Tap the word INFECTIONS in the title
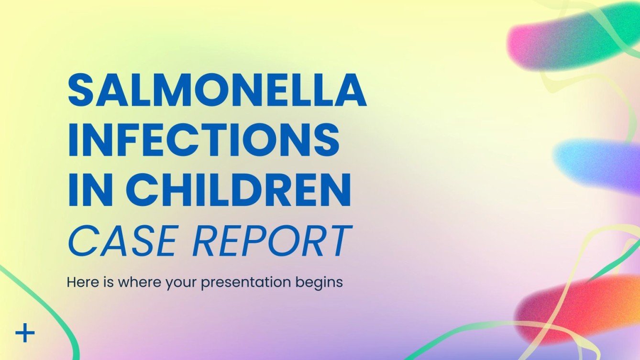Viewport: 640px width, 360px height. click(204, 140)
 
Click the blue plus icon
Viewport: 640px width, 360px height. click(25, 333)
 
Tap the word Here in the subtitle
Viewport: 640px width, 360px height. click(81, 282)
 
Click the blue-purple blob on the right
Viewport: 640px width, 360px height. click(598, 163)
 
